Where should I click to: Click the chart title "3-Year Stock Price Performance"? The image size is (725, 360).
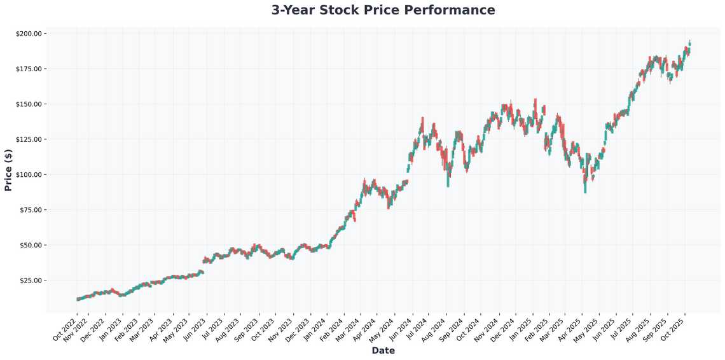click(383, 10)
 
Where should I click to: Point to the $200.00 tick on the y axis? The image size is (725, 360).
click(29, 34)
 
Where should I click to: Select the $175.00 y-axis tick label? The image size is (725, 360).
click(29, 69)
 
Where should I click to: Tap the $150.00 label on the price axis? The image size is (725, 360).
click(29, 104)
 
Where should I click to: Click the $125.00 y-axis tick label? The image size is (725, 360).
click(29, 139)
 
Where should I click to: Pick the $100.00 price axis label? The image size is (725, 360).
click(29, 175)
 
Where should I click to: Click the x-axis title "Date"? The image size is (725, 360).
click(383, 351)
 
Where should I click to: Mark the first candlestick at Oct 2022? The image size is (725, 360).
click(78, 299)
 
